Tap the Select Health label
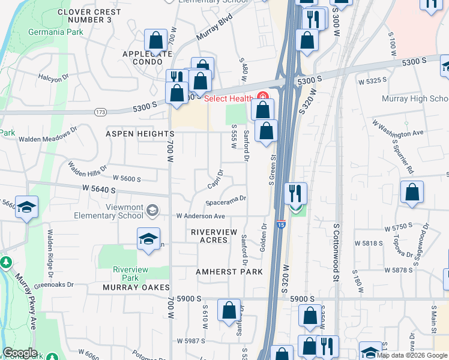point(229,98)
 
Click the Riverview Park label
point(130,274)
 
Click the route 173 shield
point(100,112)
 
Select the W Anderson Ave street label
point(200,216)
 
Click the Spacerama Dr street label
point(226,199)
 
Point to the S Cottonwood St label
point(337,248)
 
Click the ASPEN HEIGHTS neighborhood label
point(140,133)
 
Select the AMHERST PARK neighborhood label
point(229,272)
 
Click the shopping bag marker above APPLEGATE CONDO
point(155,41)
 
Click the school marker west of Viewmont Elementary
point(26,208)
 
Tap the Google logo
point(20,353)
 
